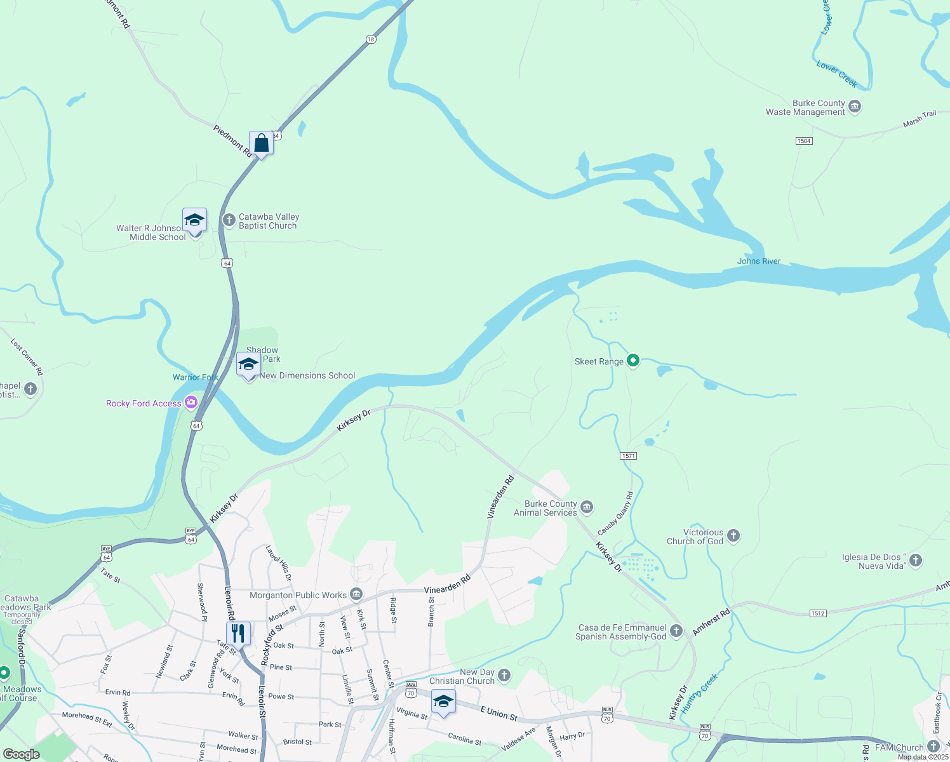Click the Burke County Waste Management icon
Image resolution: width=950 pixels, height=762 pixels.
(855, 106)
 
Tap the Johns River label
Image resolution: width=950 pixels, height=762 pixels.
(759, 261)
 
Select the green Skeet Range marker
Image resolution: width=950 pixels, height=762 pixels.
(632, 361)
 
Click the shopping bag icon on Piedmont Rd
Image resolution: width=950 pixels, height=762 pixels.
(261, 144)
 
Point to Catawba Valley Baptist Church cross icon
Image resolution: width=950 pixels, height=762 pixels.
(229, 220)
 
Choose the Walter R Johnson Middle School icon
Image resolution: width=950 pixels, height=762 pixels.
(194, 220)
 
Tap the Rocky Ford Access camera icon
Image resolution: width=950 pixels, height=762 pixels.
(191, 403)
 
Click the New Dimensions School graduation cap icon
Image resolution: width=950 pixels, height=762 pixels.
(248, 365)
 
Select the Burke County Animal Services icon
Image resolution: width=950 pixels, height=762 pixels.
(587, 507)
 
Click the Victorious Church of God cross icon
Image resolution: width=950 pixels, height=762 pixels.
(733, 536)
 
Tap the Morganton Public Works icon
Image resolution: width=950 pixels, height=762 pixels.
(356, 594)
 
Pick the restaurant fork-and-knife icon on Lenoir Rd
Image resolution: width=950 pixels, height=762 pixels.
(238, 633)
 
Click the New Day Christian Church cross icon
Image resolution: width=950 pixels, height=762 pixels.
(504, 675)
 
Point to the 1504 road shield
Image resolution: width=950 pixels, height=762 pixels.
(804, 141)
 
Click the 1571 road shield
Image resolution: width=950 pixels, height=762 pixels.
(628, 456)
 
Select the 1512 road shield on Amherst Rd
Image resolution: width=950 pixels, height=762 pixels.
(818, 613)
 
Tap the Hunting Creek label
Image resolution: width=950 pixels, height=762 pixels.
(699, 693)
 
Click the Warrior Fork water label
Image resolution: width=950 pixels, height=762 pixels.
(195, 377)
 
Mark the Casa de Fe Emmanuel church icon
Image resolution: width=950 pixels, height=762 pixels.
(676, 631)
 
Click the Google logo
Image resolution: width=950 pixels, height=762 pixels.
(22, 754)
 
